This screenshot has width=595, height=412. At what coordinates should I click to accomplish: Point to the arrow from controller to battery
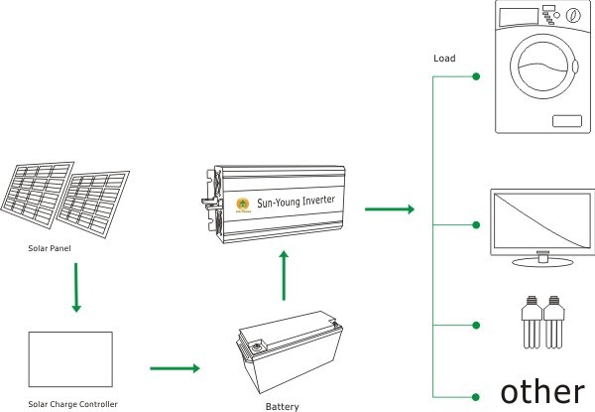click(176, 368)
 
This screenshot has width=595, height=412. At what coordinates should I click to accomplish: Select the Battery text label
click(283, 405)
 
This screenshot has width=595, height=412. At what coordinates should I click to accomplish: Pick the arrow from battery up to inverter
click(284, 275)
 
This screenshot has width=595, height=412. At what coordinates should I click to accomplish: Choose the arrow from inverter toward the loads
click(389, 209)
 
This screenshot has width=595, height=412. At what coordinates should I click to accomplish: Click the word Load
click(444, 58)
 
